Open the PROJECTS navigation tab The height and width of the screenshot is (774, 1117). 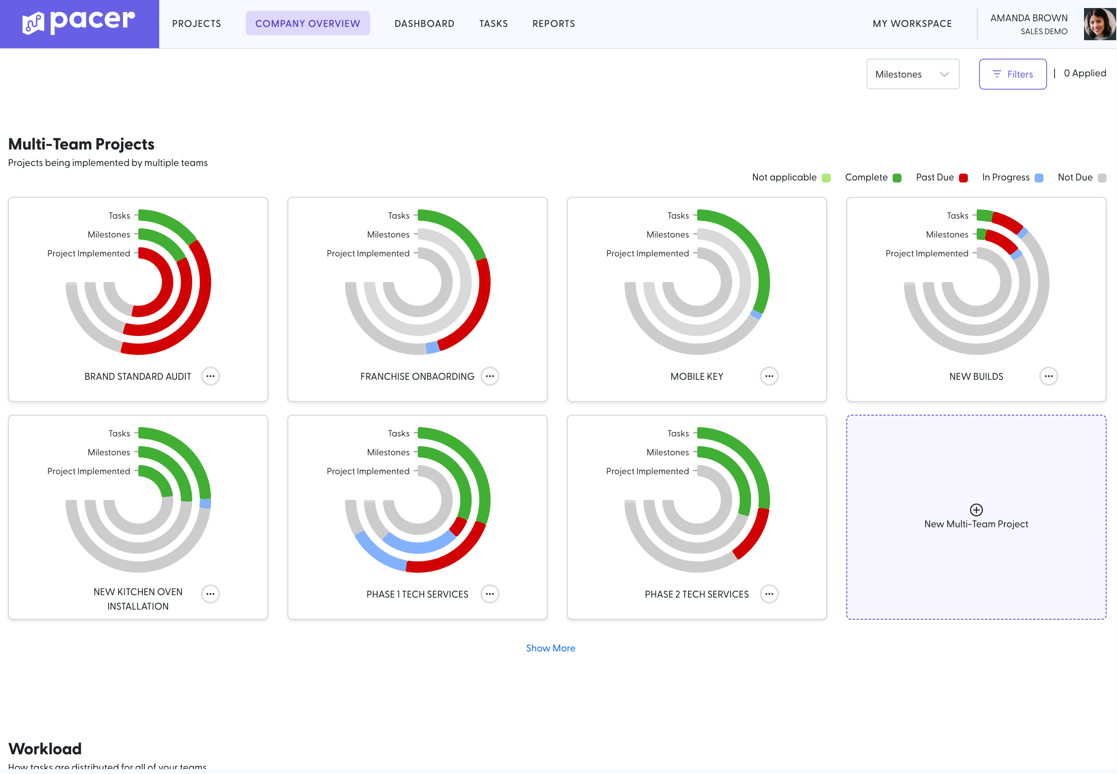point(197,24)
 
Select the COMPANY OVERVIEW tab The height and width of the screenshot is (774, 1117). point(308,24)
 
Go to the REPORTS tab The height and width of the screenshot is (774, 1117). point(554,24)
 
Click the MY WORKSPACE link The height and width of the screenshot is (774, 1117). point(912,24)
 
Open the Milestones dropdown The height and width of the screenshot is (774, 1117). point(913,74)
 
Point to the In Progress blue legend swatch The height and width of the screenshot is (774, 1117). point(1039,178)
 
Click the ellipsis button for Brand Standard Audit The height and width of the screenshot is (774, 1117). point(211,376)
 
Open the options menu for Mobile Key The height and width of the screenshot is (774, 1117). point(769,376)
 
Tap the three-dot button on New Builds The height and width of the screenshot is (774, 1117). point(1049,376)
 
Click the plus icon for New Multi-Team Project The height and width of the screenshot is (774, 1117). point(976,510)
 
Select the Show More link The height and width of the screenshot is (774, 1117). point(550,648)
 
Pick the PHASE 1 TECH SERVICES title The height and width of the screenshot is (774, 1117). point(417,594)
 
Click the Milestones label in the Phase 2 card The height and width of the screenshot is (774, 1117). point(667,453)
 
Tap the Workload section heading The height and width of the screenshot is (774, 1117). point(45,749)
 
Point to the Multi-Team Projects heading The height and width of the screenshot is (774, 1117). point(82,144)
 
